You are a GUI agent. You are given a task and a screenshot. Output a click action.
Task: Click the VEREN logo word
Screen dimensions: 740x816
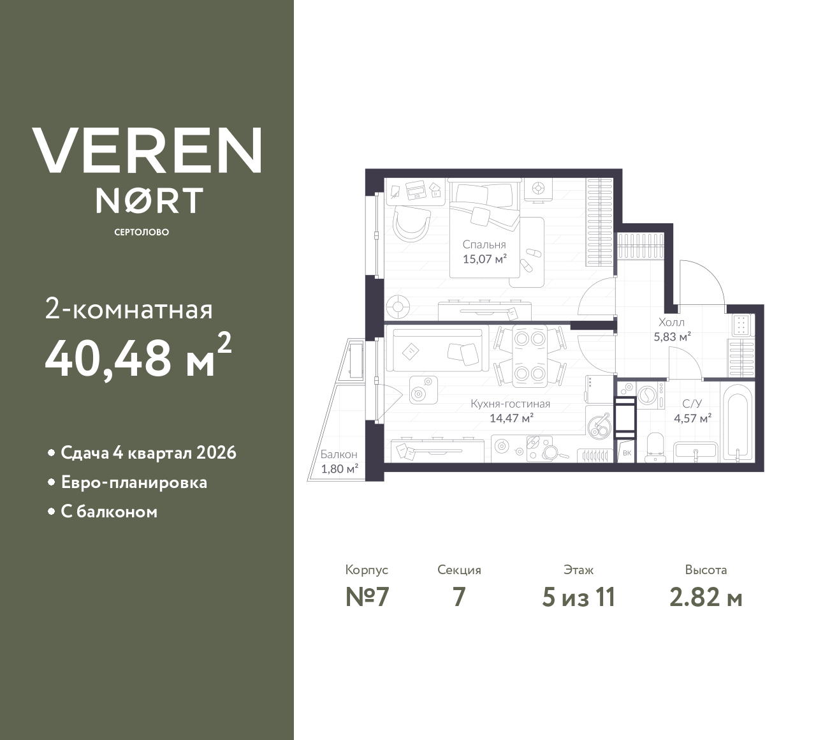tap(147, 151)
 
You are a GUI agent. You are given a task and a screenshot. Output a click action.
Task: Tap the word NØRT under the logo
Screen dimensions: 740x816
tap(149, 200)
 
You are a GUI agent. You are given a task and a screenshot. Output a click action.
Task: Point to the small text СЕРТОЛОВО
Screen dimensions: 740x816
tap(142, 232)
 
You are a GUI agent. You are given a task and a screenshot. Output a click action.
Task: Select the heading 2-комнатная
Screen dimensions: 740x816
tap(129, 310)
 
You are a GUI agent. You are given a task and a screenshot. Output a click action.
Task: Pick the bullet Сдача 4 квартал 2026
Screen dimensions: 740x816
tap(148, 453)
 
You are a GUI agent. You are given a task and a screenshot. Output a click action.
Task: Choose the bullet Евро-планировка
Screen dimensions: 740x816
tap(134, 482)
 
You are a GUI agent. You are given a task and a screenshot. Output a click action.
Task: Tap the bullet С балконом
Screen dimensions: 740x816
tap(109, 512)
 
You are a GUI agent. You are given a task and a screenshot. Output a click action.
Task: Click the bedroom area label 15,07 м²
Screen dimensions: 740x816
tap(484, 259)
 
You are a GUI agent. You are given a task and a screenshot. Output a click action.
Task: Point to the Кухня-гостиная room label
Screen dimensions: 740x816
tap(510, 404)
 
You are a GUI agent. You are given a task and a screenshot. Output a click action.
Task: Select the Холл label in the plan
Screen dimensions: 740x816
tap(672, 323)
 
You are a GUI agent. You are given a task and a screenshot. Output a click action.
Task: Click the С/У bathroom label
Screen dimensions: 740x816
tap(692, 404)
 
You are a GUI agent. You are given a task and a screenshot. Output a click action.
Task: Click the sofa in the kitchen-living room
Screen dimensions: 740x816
tap(437, 350)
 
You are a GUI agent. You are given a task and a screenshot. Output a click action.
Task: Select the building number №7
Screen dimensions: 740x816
tap(367, 597)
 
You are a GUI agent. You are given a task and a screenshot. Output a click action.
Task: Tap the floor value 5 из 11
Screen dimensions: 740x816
tap(578, 597)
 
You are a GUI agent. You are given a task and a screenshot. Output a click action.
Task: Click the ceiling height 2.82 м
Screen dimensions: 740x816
tap(706, 597)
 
